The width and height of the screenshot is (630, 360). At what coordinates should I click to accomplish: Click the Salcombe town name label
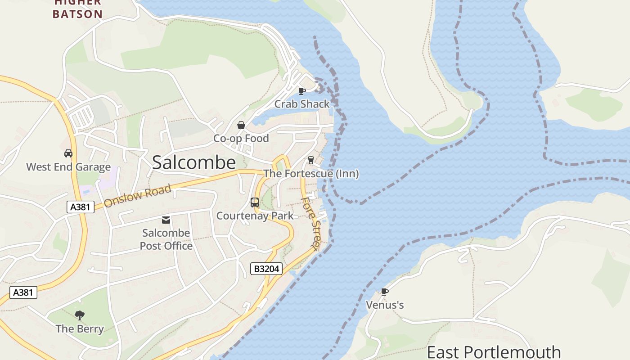pyautogui.click(x=193, y=162)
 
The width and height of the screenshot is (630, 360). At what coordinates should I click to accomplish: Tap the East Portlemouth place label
pyautogui.click(x=494, y=352)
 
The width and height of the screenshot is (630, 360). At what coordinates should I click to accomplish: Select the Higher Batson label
pyautogui.click(x=78, y=9)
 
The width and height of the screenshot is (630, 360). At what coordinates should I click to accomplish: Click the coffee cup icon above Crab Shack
pyautogui.click(x=302, y=91)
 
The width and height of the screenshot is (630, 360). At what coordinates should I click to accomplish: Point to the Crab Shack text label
pyautogui.click(x=302, y=104)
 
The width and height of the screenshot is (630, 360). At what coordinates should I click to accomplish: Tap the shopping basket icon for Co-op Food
pyautogui.click(x=241, y=125)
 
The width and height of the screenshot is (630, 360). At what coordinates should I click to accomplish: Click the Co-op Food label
pyautogui.click(x=241, y=139)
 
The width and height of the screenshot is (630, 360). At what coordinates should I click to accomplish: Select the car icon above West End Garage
pyautogui.click(x=68, y=153)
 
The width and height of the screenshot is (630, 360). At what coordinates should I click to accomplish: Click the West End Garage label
pyautogui.click(x=68, y=167)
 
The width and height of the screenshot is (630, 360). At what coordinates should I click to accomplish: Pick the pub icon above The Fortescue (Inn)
pyautogui.click(x=310, y=160)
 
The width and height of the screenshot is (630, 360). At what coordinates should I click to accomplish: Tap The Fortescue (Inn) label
pyautogui.click(x=311, y=173)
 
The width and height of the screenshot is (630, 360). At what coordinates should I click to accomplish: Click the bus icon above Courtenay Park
pyautogui.click(x=255, y=202)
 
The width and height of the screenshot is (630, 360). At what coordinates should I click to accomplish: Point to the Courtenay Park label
pyautogui.click(x=255, y=216)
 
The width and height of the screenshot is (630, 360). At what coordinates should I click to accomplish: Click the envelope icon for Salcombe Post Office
pyautogui.click(x=166, y=220)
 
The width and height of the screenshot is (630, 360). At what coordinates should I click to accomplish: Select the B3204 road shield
pyautogui.click(x=266, y=269)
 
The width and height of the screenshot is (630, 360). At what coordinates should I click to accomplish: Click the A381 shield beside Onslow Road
pyautogui.click(x=81, y=207)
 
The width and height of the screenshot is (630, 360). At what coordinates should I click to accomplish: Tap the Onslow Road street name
pyautogui.click(x=138, y=196)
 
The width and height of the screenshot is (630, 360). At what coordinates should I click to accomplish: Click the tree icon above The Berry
pyautogui.click(x=80, y=315)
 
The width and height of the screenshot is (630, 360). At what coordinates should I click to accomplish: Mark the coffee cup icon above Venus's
pyautogui.click(x=385, y=292)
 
